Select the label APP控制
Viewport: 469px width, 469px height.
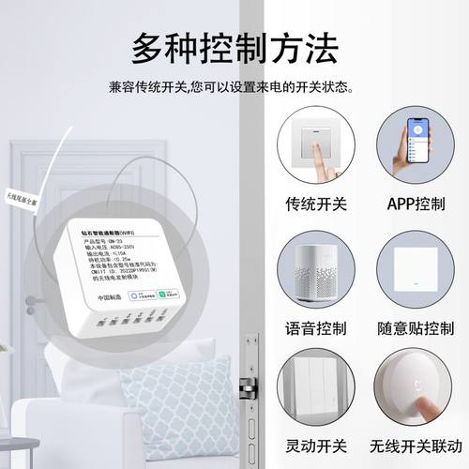pos(420,203)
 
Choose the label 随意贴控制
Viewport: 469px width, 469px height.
pos(420,329)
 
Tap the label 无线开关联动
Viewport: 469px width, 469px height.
pos(420,442)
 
